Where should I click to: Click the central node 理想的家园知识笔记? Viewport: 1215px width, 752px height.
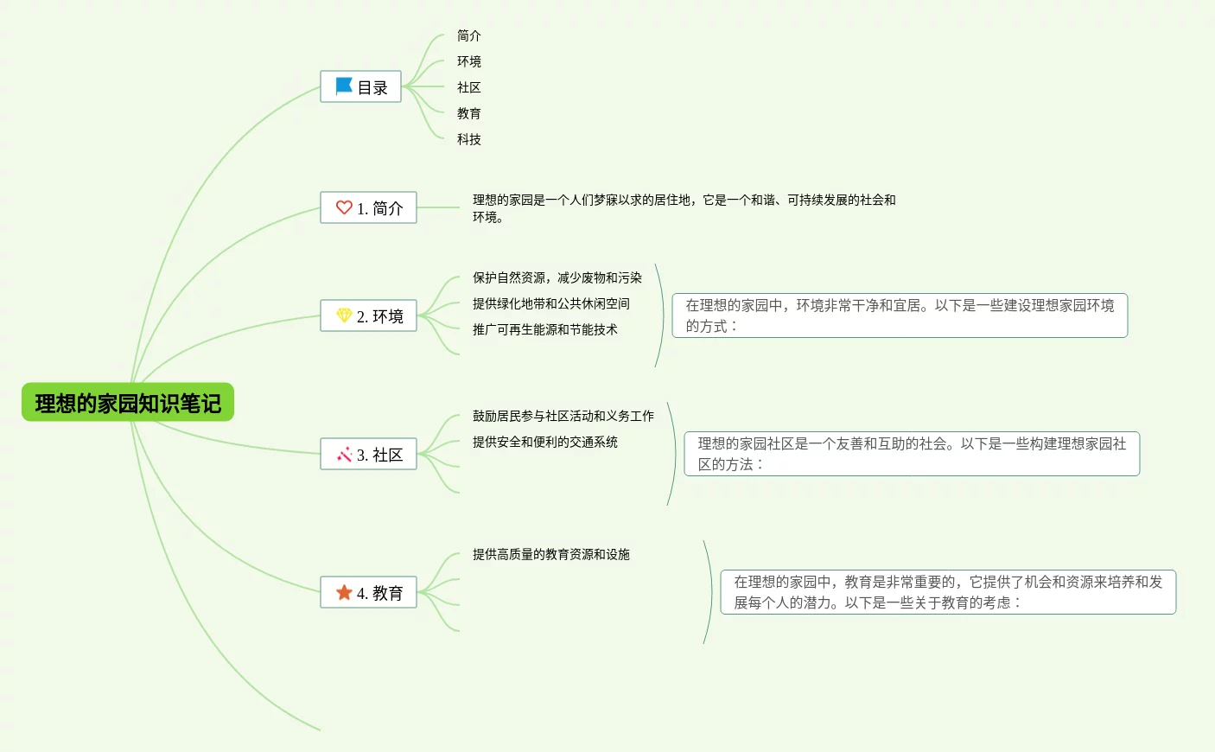click(128, 403)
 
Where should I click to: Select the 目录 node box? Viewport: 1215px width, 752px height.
click(360, 86)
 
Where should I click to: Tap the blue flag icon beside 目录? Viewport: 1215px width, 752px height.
click(343, 86)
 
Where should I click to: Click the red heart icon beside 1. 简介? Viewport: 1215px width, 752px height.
click(344, 207)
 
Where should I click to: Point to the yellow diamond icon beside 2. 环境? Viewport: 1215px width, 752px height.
click(344, 315)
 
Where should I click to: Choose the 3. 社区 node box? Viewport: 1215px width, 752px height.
click(368, 455)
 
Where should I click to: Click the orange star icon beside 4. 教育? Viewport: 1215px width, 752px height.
click(344, 592)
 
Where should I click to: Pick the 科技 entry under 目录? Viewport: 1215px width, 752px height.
click(469, 139)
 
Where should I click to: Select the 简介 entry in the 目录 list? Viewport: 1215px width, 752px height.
click(469, 35)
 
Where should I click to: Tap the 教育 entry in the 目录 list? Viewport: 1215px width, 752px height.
click(469, 113)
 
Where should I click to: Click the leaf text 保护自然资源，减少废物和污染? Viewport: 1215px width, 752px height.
click(557, 277)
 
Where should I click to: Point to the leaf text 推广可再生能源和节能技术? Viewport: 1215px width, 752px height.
click(545, 329)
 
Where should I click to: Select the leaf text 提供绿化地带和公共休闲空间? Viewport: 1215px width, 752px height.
click(551, 303)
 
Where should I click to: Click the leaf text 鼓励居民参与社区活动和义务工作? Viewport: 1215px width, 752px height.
click(563, 416)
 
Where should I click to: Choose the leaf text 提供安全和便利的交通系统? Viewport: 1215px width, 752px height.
click(545, 442)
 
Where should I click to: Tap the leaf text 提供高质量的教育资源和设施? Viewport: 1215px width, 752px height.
click(551, 554)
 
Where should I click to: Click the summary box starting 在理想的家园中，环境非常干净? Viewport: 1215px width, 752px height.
click(900, 315)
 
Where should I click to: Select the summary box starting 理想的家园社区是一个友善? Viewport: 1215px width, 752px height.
click(912, 454)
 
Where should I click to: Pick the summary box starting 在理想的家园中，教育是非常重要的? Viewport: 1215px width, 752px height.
click(948, 592)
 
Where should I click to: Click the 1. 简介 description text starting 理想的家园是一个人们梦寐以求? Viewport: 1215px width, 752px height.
click(684, 208)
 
